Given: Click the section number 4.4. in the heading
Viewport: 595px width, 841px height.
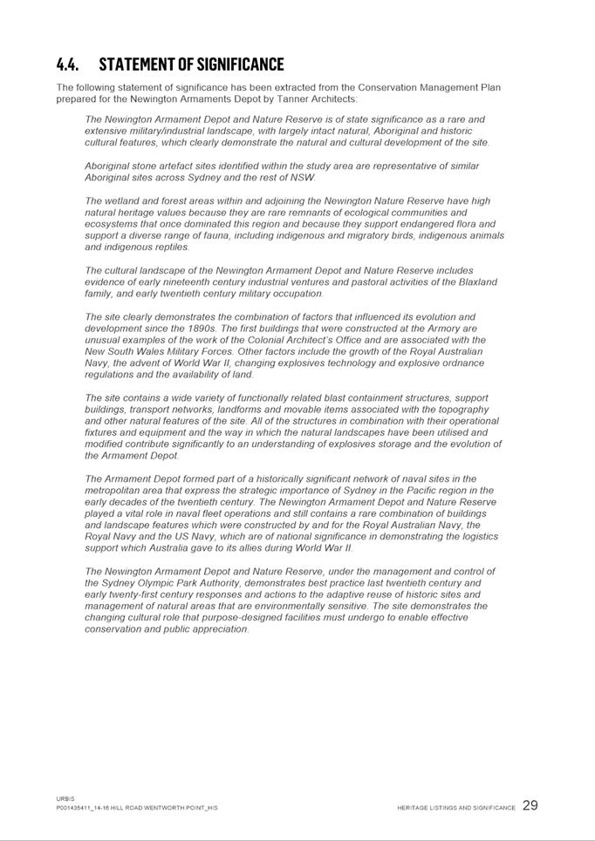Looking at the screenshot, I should [68, 64].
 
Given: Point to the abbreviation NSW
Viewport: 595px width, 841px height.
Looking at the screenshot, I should [303, 177].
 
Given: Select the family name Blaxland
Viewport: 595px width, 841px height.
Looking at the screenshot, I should [475, 281].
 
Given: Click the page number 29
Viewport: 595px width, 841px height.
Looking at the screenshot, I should [530, 805].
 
